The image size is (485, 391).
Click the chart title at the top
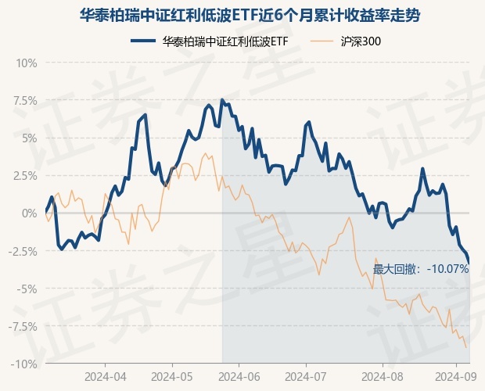pos(242,13)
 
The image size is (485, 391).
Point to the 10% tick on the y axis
pos(27,62)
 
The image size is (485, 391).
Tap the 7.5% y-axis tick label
pos(25,100)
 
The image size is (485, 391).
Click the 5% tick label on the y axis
pos(28,138)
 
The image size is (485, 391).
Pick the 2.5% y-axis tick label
pos(25,175)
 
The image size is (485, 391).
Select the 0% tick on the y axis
pos(30,213)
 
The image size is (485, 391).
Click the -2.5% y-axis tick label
pos(23,251)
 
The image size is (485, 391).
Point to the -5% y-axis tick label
pos(27,289)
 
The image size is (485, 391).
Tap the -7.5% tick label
pos(23,326)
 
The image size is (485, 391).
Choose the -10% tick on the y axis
pos(25,364)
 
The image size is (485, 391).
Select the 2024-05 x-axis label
pos(171,376)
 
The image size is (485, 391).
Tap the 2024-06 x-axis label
pos(239,376)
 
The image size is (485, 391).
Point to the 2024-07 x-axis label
pos(304,376)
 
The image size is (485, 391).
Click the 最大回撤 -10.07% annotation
pos(420,269)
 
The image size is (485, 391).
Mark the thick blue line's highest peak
pos(222,99)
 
